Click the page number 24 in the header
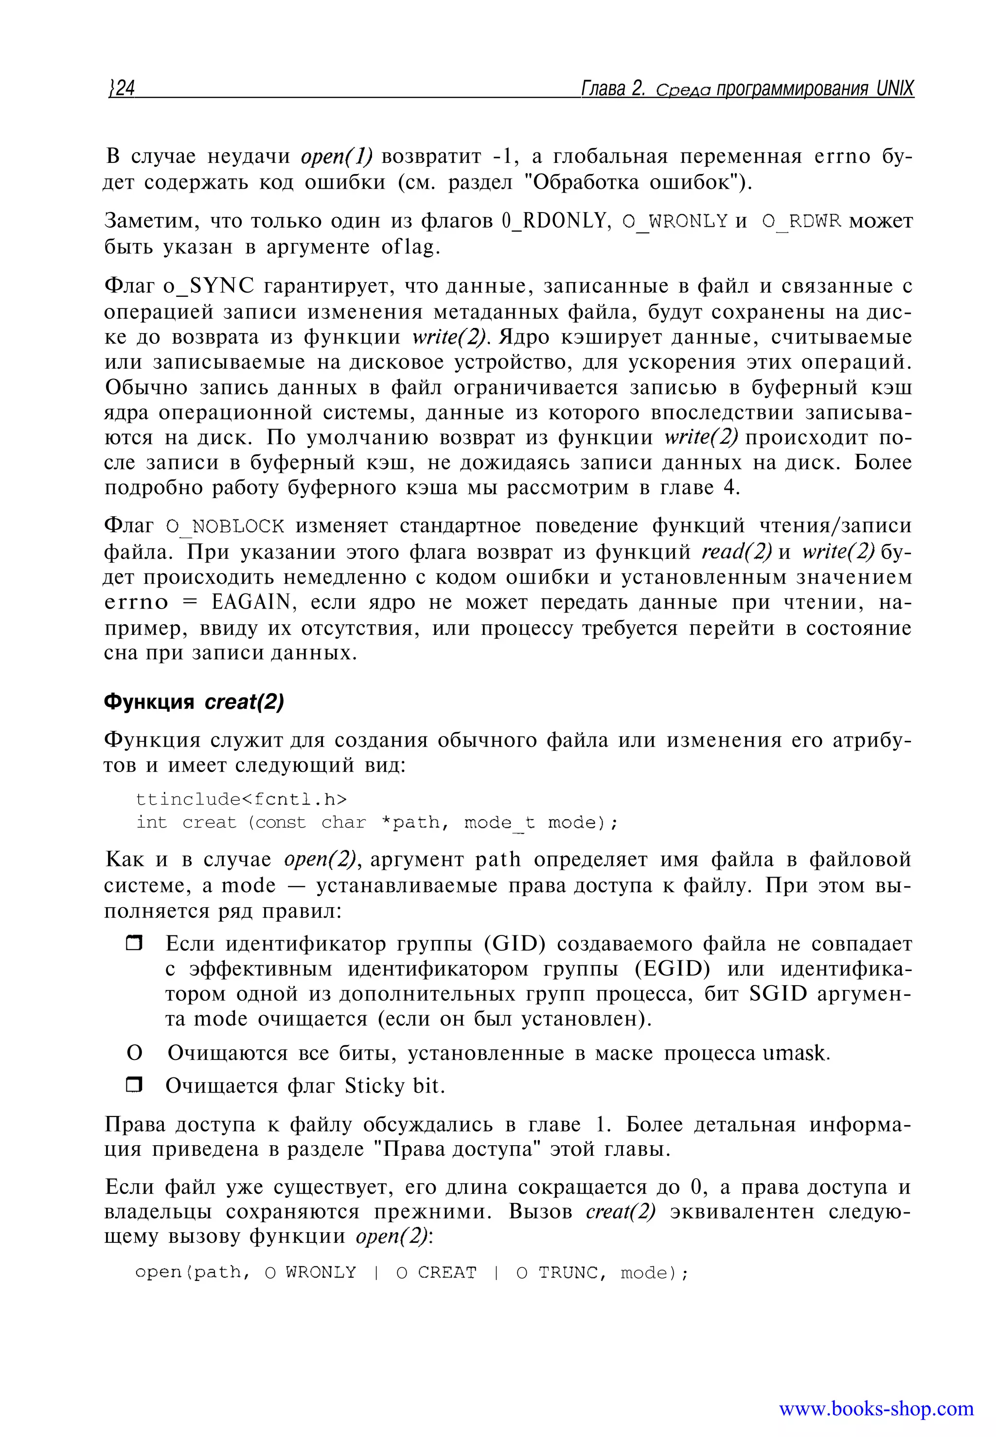pos(123,88)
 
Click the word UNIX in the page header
pos(894,88)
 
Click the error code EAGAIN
pos(251,602)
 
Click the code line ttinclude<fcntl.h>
pos(241,799)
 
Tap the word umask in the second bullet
pos(794,1053)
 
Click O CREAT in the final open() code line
pos(436,1272)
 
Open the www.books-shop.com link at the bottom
pos(876,1408)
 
